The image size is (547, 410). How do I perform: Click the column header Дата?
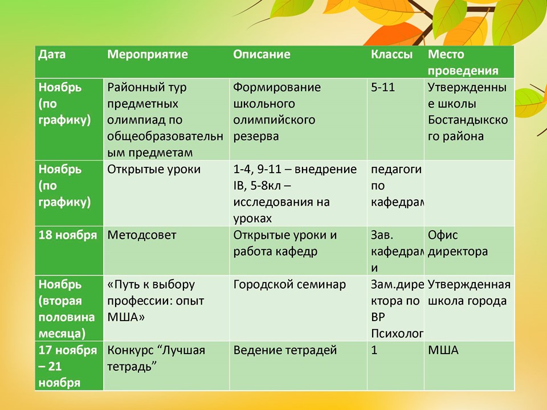pos(52,55)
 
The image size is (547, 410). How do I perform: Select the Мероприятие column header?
pos(148,55)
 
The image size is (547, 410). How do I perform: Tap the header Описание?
pos(262,55)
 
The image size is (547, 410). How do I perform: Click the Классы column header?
pos(391,55)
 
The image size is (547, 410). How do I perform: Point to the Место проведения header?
pos(463,63)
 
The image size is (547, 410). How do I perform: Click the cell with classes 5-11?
pos(383,88)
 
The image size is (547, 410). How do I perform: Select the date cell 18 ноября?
pos(68,235)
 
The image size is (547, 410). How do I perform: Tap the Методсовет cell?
pos(142,235)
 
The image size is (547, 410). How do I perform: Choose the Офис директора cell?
pos(458,243)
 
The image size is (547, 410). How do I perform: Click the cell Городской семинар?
pos(289,284)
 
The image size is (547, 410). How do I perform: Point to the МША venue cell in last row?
pos(443,350)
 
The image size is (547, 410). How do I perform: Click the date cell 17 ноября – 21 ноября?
pos(68,366)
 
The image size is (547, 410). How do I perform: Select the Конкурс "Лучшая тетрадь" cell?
pos(156,358)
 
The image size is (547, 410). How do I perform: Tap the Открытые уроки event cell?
pos(154,169)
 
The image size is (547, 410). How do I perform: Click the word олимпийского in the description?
pos(275,120)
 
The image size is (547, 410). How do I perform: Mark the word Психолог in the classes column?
pos(397,333)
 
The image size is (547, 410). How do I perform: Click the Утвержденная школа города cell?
pos(468,293)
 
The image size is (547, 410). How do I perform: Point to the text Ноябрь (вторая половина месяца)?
pos(63,308)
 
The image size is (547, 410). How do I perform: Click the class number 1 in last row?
pos(374,350)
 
